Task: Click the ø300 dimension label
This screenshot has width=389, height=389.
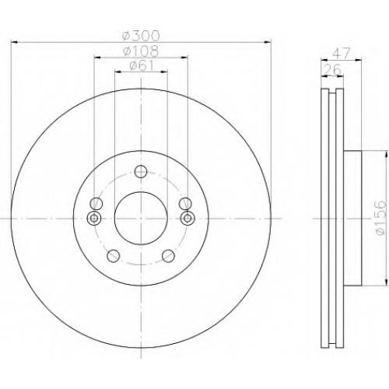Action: (141, 36)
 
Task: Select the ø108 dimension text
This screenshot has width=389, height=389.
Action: (141, 51)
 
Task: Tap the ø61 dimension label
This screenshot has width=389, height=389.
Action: (142, 65)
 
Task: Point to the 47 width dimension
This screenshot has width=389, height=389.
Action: (342, 54)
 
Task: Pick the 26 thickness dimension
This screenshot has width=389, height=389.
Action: (333, 69)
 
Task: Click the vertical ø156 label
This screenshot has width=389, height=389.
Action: (380, 218)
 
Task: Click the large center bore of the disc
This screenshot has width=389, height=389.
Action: (141, 218)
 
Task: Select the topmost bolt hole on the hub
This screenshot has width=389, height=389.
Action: (141, 172)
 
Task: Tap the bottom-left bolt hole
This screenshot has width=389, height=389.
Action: (114, 256)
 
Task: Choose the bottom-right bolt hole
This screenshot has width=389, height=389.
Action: (168, 256)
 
